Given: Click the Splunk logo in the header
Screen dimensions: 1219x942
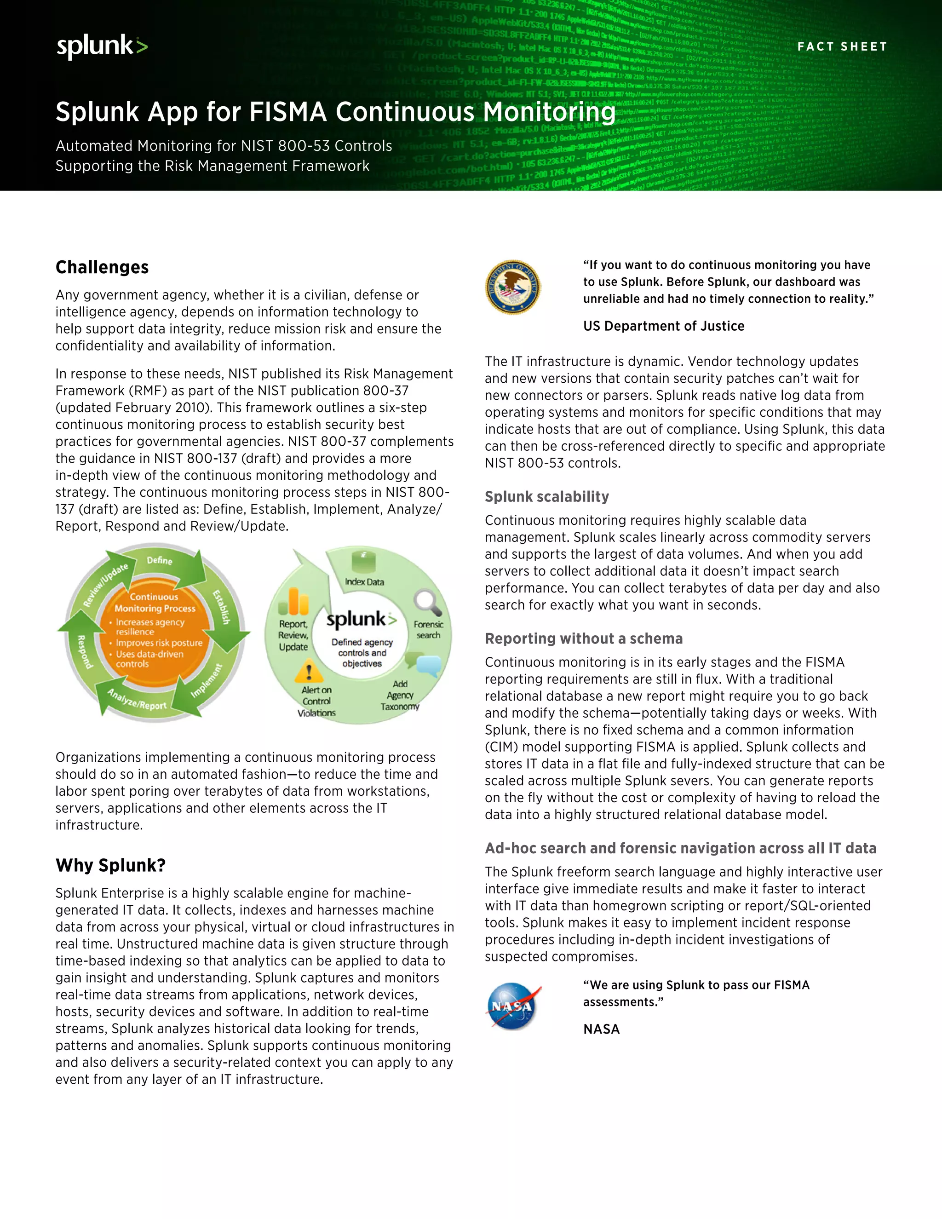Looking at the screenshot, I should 102,46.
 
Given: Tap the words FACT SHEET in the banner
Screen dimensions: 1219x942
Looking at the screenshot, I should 842,46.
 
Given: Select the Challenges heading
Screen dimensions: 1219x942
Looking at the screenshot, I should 102,267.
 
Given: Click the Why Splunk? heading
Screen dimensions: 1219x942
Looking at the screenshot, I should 110,865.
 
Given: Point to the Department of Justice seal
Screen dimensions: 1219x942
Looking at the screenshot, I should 512,287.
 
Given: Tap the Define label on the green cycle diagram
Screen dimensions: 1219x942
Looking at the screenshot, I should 160,560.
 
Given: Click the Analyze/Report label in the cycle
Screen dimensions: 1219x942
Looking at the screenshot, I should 137,699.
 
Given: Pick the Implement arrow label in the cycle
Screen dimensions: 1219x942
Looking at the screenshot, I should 206,681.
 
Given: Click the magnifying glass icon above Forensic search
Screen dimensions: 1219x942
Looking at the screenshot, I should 427,603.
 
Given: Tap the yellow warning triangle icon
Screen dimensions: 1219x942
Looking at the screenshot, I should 309,671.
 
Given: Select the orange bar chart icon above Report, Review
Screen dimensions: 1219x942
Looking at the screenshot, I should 294,602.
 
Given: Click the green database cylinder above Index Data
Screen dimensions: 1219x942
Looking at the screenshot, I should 363,562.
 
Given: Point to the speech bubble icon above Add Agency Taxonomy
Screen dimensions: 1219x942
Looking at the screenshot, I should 426,665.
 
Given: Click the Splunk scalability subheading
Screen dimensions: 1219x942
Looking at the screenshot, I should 546,497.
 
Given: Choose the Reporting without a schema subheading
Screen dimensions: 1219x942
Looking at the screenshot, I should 583,638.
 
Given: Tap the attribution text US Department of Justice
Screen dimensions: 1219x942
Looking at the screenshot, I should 664,326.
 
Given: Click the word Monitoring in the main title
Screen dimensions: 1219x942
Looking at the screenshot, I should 549,112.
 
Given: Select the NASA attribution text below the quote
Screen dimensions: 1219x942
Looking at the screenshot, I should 601,1029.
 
